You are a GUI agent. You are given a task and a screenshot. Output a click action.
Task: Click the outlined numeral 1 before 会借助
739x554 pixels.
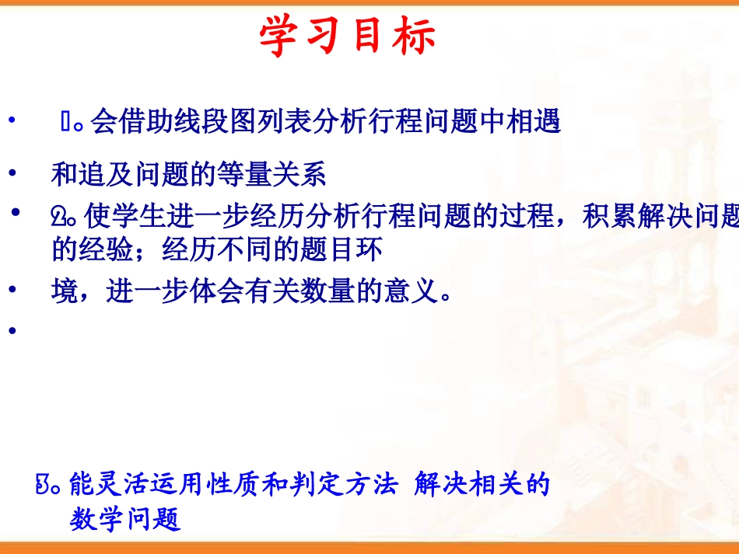[67, 122]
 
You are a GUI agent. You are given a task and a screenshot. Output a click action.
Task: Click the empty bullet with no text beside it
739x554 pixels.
[12, 332]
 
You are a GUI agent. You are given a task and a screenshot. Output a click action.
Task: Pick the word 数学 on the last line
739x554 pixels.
[97, 519]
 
